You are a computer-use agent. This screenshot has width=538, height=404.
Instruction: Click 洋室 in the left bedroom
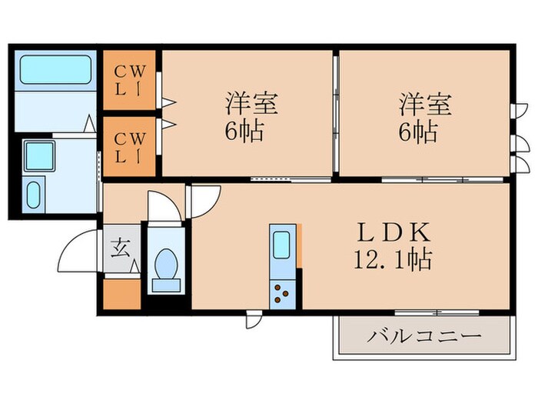point(251,103)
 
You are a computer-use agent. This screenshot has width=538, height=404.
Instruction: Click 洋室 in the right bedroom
point(424,103)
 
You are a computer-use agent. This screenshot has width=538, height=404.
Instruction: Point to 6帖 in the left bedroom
point(245,132)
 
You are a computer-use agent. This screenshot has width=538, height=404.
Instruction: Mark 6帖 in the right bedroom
point(419,132)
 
